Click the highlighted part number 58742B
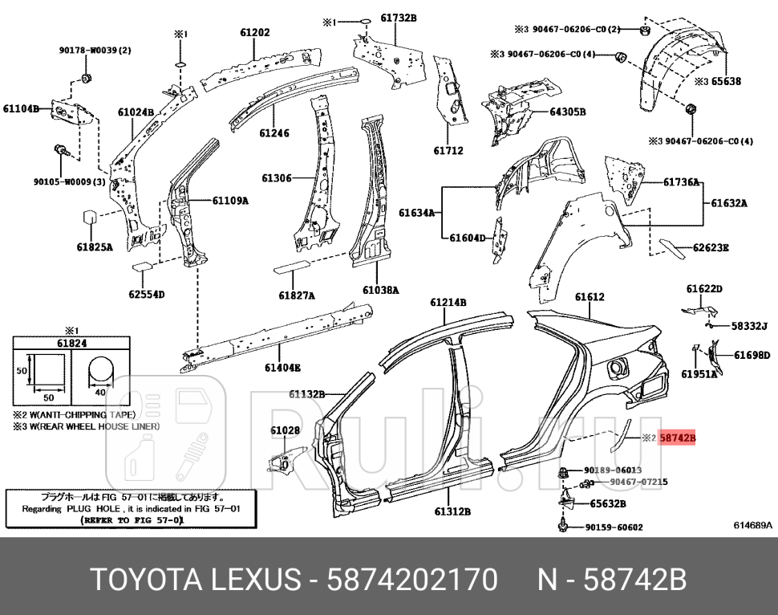pyautogui.click(x=676, y=438)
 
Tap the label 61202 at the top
pyautogui.click(x=254, y=33)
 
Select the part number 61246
pyautogui.click(x=274, y=133)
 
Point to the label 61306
pyautogui.click(x=277, y=178)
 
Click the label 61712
pyautogui.click(x=448, y=150)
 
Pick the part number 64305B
pyautogui.click(x=568, y=112)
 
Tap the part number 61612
pyautogui.click(x=590, y=296)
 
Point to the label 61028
pyautogui.click(x=285, y=431)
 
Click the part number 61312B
pyautogui.click(x=453, y=511)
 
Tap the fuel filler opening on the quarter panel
pyautogui.click(x=618, y=367)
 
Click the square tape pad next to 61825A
pyautogui.click(x=90, y=218)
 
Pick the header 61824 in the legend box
pyautogui.click(x=71, y=343)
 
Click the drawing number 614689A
pyautogui.click(x=752, y=525)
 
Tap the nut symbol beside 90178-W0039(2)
pyautogui.click(x=86, y=79)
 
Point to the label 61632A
pyautogui.click(x=728, y=203)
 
